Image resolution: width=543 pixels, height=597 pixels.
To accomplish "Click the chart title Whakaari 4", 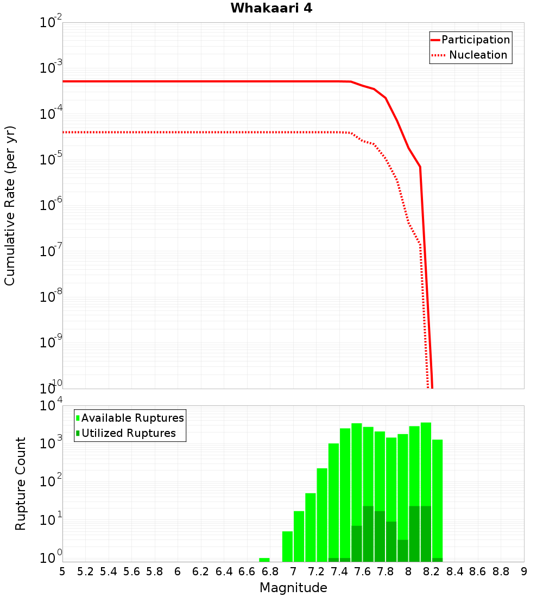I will point(271,9).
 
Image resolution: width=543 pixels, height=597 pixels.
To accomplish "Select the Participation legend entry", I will point(475,40).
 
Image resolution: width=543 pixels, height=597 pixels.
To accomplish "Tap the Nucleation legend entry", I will point(478,55).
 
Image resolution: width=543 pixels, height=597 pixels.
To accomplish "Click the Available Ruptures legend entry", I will point(132,418).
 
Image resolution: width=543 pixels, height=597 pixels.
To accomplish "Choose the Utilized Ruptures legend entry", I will point(128,433).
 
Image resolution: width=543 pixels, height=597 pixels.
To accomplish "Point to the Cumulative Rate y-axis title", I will point(10,206).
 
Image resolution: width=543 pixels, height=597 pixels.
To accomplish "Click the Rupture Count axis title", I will point(21,484).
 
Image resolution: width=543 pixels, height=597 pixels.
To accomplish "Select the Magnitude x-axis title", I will point(293,588).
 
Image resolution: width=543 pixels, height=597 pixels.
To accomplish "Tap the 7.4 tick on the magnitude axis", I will point(339,571).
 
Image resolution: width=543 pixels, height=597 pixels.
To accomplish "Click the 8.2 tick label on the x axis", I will point(432,571).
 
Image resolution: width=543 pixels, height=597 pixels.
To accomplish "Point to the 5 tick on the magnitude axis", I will point(62,571).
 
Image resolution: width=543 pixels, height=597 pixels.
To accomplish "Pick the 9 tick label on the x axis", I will point(524,571).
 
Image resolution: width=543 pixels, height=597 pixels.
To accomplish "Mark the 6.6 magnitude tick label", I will point(247,571).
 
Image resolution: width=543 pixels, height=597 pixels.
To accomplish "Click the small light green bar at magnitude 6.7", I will point(264,560).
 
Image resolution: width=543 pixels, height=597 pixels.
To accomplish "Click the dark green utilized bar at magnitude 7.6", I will point(368,534).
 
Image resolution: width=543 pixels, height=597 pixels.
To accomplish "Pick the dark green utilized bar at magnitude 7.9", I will point(403,550).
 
